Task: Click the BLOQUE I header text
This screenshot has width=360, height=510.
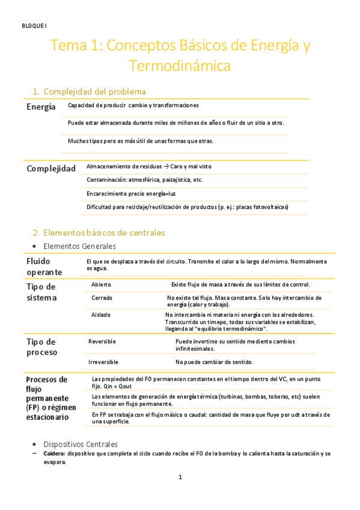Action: [30, 25]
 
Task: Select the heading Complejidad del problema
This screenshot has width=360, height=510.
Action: [94, 91]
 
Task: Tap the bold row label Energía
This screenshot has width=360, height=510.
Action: [41, 106]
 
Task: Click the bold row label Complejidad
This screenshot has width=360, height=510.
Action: [50, 168]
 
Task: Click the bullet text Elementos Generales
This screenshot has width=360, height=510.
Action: [79, 246]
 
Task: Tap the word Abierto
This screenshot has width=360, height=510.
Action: [101, 284]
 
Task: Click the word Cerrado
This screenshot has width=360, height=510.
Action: [102, 298]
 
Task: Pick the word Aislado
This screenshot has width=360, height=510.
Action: [101, 315]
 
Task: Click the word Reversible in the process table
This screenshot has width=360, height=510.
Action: [102, 342]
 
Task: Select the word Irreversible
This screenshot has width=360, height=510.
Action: [103, 362]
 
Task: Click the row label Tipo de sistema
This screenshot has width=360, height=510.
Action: [41, 292]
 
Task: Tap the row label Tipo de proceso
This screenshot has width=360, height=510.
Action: [41, 347]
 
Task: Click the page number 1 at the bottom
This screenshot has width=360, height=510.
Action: [180, 478]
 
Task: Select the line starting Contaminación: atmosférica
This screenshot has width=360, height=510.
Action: [145, 180]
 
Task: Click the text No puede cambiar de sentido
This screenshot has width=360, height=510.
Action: [214, 362]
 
